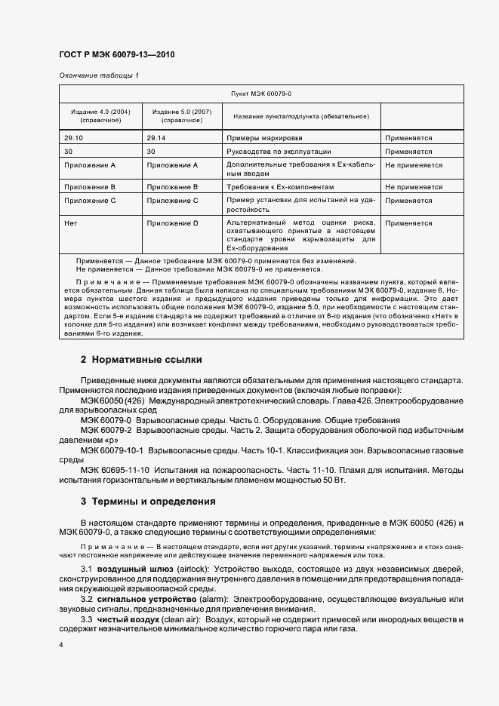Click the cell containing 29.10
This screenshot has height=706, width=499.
(74, 139)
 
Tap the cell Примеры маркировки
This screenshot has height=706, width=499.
(259, 139)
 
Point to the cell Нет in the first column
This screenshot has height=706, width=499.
(72, 223)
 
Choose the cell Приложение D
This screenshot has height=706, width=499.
(172, 223)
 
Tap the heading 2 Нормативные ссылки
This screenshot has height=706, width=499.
(141, 360)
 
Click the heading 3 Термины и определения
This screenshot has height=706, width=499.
(148, 501)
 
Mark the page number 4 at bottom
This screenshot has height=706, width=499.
(60, 646)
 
